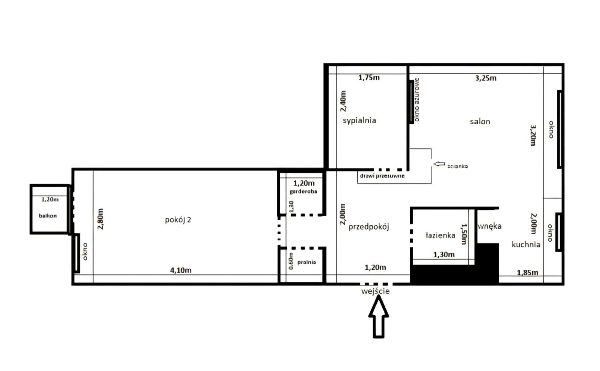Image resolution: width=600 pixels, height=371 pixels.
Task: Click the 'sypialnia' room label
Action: [359, 121]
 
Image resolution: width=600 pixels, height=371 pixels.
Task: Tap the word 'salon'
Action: [480, 121]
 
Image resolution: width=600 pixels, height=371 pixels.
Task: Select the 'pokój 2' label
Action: [178, 220]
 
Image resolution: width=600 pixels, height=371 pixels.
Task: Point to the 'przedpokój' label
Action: [368, 227]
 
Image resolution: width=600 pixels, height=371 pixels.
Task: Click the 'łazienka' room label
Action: [440, 235]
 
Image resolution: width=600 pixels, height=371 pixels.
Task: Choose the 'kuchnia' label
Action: [526, 245]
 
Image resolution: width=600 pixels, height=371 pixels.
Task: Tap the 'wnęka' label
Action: [490, 226]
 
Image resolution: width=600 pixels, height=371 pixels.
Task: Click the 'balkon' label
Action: [48, 216]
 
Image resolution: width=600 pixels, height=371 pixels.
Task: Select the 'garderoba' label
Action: [303, 192]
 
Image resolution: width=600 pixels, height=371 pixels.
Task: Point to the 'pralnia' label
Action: [307, 262]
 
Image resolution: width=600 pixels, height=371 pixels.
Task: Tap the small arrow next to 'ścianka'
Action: [439, 164]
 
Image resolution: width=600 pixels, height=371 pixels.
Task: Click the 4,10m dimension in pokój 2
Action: [181, 270]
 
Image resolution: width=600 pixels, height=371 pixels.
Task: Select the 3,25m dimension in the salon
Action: [486, 78]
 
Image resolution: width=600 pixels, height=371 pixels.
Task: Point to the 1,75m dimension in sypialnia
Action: [369, 78]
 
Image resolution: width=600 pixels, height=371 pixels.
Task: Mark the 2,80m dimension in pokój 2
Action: [100, 219]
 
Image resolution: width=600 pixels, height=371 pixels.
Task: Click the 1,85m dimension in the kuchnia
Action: [527, 273]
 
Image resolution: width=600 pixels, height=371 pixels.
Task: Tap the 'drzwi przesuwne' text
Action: [382, 176]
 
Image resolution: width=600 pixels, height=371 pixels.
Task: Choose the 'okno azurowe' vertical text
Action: [417, 100]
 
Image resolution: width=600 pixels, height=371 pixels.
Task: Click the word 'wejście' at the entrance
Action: [375, 291]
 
